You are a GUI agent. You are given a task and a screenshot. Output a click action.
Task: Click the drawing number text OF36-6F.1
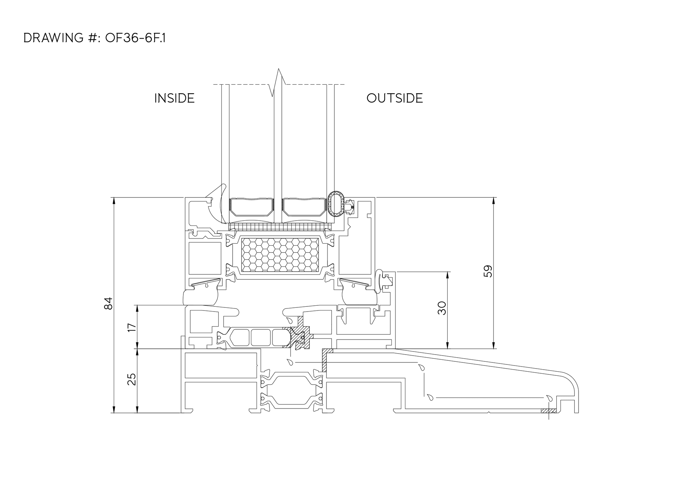135,38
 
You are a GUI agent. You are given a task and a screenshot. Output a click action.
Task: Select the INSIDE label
175,98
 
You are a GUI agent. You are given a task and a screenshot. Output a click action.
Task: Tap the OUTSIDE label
394,98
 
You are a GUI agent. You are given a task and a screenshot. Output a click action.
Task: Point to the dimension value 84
108,303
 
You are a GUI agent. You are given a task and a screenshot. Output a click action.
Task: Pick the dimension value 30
442,308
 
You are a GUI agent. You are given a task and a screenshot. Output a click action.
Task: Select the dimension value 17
132,327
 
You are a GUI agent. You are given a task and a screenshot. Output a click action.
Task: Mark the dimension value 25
132,379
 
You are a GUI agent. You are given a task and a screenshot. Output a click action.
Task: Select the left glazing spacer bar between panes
252,210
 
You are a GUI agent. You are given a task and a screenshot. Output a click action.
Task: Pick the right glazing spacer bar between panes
305,210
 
